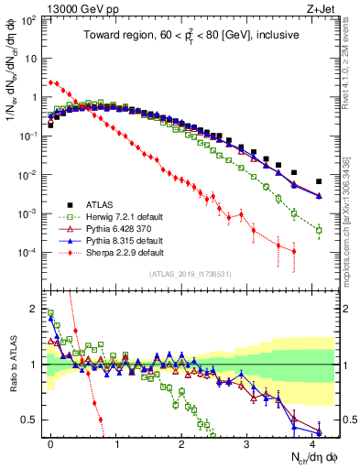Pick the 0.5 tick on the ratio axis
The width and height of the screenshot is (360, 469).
click(x=30, y=420)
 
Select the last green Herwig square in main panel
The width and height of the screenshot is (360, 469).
click(x=319, y=231)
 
